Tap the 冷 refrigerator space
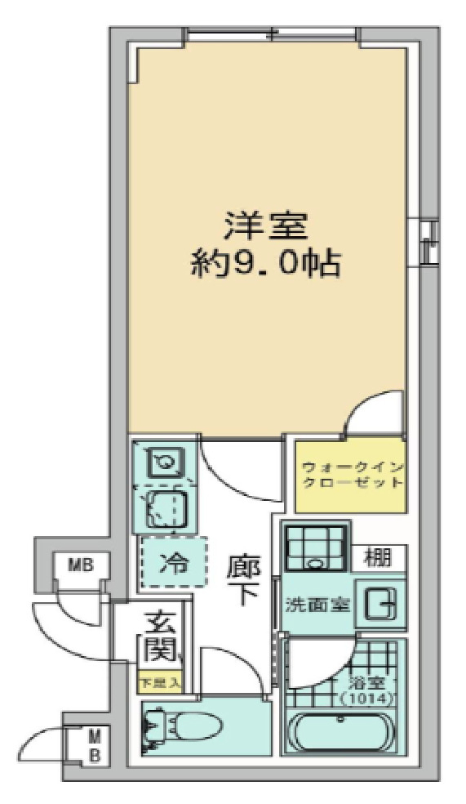pyautogui.click(x=172, y=564)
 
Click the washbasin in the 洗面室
pyautogui.click(x=381, y=605)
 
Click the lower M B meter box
pyautogui.click(x=95, y=745)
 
